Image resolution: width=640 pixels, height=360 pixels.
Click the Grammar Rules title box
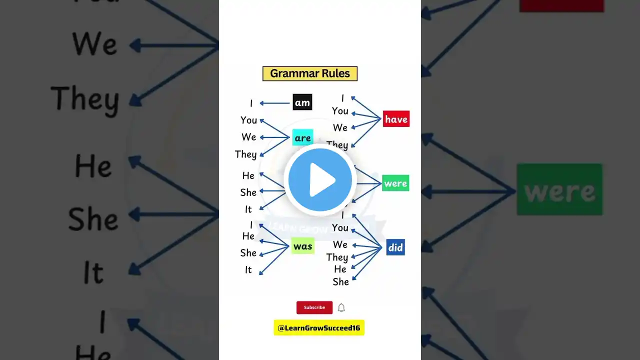click(x=310, y=73)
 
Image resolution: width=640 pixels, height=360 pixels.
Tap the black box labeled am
click(x=302, y=102)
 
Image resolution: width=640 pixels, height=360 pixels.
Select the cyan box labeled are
click(x=302, y=137)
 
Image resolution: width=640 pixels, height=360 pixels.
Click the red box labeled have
click(x=396, y=119)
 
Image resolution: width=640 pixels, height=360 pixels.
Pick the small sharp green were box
click(x=395, y=183)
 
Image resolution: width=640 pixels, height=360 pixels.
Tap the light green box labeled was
click(x=302, y=245)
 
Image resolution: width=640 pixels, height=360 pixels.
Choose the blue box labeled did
click(x=395, y=247)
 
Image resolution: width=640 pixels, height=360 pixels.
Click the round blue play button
click(x=320, y=179)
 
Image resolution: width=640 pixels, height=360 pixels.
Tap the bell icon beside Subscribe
click(x=341, y=307)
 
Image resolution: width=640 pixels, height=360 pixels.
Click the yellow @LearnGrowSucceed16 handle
click(x=319, y=327)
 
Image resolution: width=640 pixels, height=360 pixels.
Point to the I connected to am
click(x=251, y=103)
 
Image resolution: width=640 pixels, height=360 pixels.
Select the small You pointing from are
click(x=248, y=120)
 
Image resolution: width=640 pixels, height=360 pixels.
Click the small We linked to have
click(x=340, y=127)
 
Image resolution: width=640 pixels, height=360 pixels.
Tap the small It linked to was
click(x=248, y=270)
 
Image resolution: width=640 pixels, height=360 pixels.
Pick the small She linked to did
click(x=340, y=282)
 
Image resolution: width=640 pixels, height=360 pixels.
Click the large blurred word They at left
click(x=85, y=98)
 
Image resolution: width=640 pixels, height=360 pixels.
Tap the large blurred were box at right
click(x=559, y=189)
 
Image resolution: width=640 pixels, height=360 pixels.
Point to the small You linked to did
click(x=340, y=228)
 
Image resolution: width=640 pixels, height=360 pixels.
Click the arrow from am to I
click(x=275, y=103)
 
